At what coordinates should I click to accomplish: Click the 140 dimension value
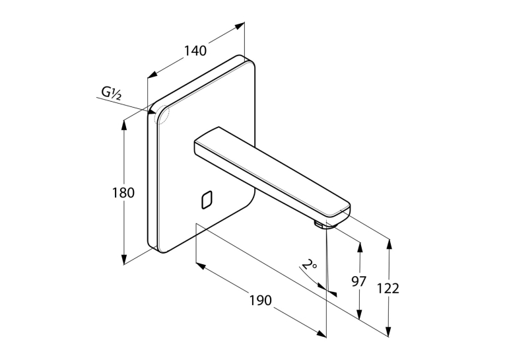195,51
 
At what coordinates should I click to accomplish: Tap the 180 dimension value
123,193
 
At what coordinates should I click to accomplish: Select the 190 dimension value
261,301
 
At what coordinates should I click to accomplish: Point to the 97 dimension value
359,281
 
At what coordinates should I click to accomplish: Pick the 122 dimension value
388,289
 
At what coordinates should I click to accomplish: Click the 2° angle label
310,265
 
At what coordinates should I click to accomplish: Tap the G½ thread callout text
112,93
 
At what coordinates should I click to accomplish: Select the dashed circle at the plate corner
162,115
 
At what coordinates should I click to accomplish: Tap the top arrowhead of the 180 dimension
123,126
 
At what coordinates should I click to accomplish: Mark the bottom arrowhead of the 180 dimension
123,259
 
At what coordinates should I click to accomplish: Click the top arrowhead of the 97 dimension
360,246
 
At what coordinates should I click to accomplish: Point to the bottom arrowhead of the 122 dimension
389,332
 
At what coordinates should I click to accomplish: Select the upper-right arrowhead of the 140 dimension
239,26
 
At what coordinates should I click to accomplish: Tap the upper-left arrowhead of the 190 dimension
201,266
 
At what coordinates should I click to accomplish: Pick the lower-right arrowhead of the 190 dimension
321,334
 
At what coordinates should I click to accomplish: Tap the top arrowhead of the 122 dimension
389,244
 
